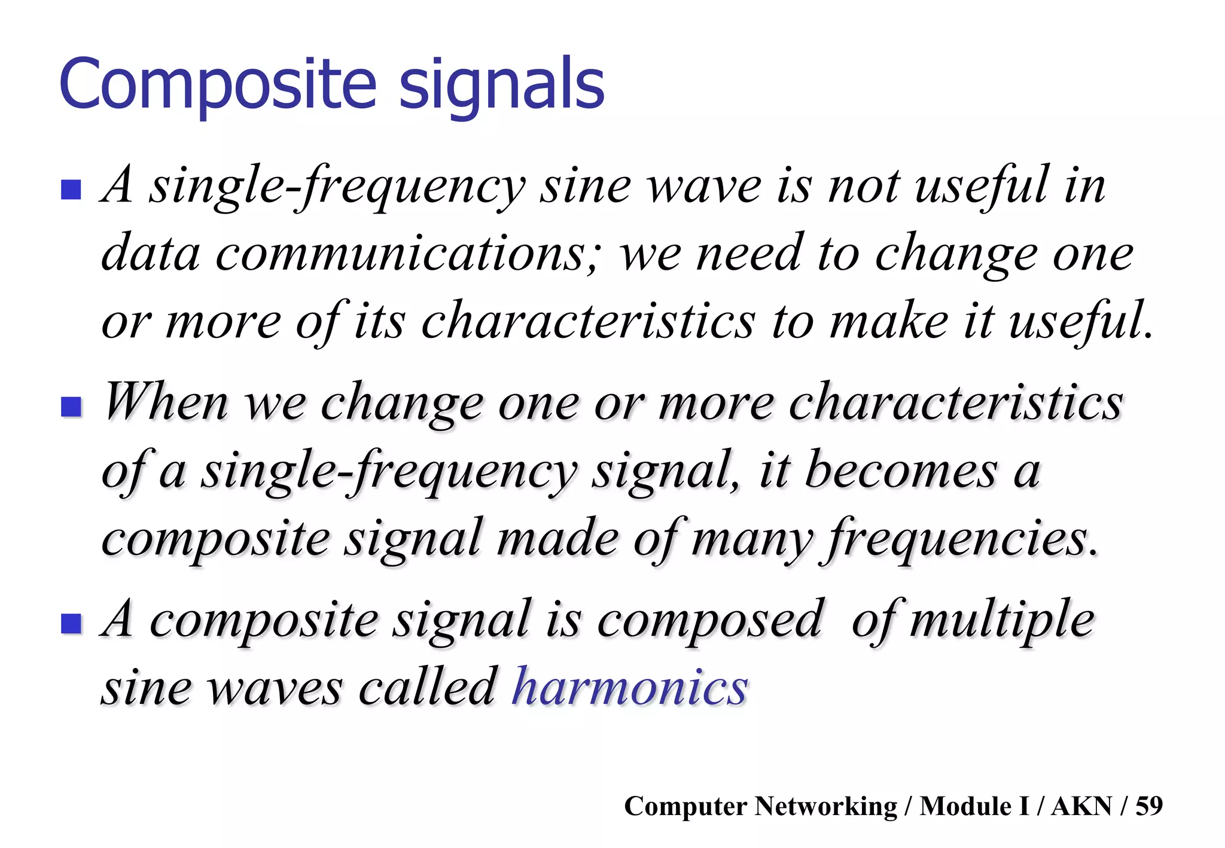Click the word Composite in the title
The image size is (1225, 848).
(x=218, y=85)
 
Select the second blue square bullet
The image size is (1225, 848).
(x=71, y=407)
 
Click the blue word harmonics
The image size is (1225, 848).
(x=630, y=687)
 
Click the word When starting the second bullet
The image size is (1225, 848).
(x=166, y=402)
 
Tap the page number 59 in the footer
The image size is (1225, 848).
(x=1149, y=806)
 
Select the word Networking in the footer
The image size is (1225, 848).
(x=825, y=806)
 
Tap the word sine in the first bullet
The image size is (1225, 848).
(x=585, y=187)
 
